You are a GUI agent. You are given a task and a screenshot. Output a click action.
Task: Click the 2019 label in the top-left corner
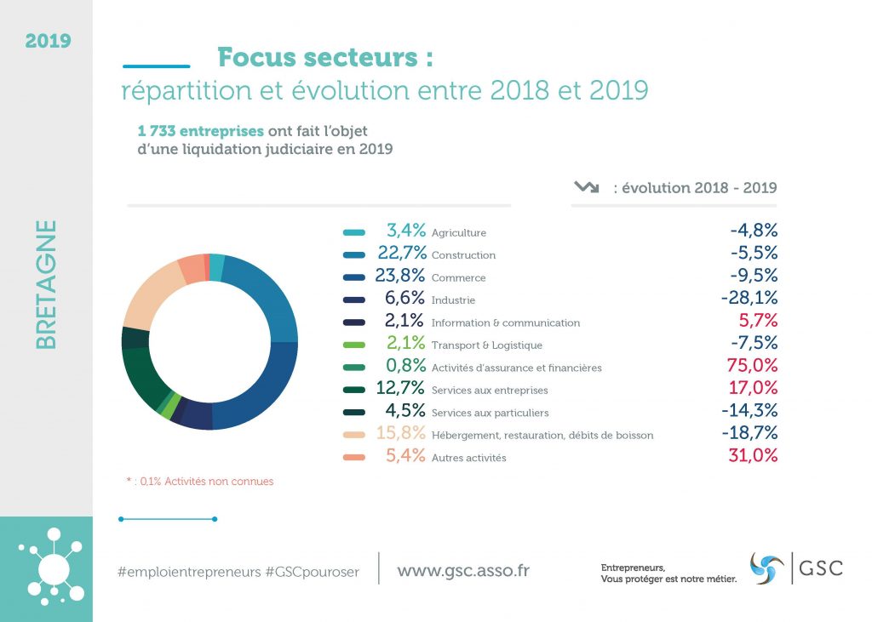click(x=48, y=40)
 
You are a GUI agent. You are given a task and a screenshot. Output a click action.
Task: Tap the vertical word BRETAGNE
click(x=47, y=285)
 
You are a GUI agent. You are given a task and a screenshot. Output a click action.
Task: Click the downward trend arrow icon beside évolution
click(x=587, y=187)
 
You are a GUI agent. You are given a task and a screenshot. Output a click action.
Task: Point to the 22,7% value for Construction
click(x=401, y=254)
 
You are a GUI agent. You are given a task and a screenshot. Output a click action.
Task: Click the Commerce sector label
click(x=458, y=278)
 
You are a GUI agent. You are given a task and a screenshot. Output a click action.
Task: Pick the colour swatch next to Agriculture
click(x=354, y=232)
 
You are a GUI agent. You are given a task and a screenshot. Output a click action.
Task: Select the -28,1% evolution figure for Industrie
click(x=749, y=300)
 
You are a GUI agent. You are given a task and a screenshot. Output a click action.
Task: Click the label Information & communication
click(x=505, y=323)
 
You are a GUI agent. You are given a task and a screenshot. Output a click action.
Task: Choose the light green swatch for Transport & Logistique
click(x=354, y=345)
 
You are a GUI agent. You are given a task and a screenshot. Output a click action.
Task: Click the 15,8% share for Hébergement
click(x=401, y=434)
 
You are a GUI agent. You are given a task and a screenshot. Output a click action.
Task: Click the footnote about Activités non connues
click(x=200, y=482)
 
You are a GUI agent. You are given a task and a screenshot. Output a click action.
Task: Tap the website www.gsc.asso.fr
click(x=462, y=570)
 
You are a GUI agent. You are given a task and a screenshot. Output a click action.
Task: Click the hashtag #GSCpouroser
click(x=312, y=572)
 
